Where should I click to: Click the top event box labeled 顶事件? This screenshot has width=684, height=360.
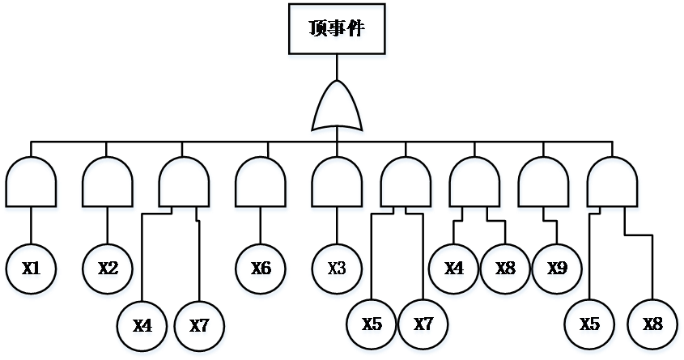[338, 32]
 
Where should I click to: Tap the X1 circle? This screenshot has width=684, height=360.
[32, 269]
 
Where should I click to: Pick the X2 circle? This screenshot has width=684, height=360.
[108, 269]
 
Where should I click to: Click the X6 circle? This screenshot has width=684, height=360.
[261, 269]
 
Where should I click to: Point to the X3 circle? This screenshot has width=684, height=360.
[338, 269]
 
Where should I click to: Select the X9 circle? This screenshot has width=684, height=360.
[557, 269]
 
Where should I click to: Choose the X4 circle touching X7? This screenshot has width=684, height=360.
[143, 326]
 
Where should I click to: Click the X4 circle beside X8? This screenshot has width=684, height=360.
[454, 269]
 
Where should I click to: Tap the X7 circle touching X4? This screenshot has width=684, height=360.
[200, 326]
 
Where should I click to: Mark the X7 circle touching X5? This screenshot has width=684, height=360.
[424, 326]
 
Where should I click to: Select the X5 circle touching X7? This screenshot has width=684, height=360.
[372, 326]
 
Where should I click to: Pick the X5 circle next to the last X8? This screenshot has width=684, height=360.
[590, 326]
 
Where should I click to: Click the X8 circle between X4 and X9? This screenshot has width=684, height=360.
[506, 269]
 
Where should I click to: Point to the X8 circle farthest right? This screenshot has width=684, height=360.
[653, 326]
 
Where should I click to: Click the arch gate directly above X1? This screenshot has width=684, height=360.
[32, 186]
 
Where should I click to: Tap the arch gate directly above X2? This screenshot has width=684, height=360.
[108, 186]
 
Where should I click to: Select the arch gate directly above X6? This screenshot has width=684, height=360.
[261, 186]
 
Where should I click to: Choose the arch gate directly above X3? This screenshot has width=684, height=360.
[338, 186]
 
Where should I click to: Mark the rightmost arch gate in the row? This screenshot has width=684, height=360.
[613, 186]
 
